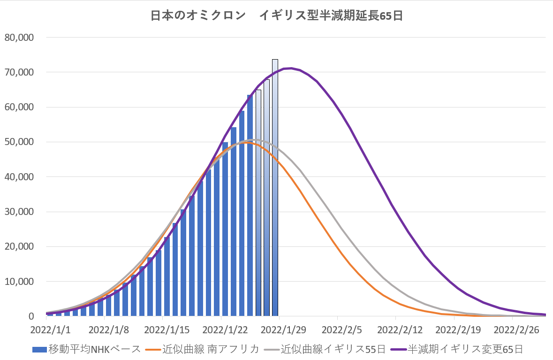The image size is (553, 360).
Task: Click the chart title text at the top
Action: [277, 15]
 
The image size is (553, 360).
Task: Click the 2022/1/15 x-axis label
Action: [162, 329]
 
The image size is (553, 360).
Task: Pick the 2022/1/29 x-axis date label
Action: [280, 329]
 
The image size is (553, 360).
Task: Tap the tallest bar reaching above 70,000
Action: [275, 188]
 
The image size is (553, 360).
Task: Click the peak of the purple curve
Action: [291, 68]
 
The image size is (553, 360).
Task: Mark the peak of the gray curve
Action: [253, 139]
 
